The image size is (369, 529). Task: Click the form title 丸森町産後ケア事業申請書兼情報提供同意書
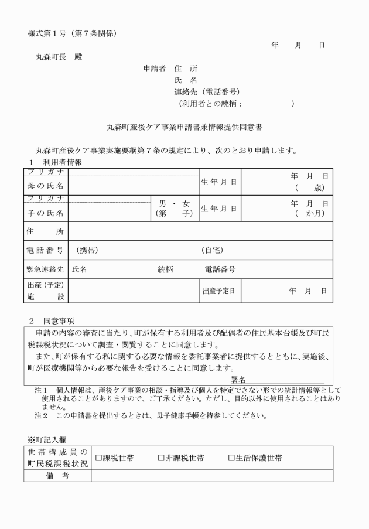click(x=184, y=127)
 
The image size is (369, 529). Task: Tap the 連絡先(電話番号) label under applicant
click(x=207, y=92)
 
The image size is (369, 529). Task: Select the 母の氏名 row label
click(x=46, y=186)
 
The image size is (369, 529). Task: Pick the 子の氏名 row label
click(x=46, y=213)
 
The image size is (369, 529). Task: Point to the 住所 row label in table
click(x=46, y=231)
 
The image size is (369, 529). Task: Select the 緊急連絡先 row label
click(x=46, y=270)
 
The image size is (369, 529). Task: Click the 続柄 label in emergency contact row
click(x=166, y=270)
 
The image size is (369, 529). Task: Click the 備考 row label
click(x=57, y=476)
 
